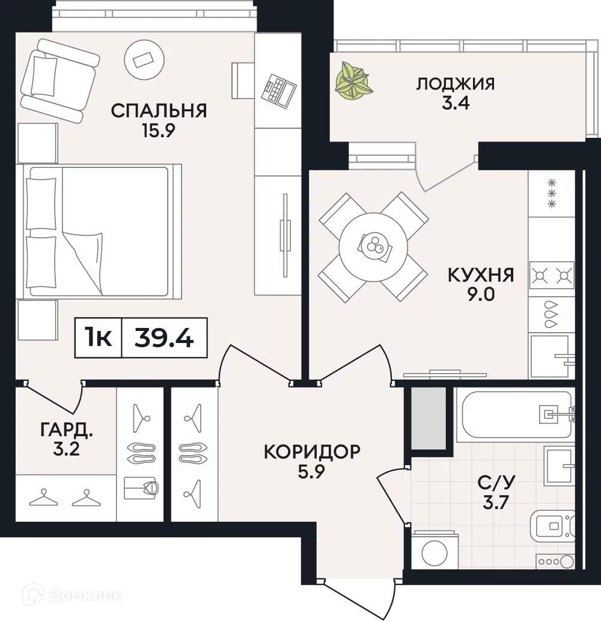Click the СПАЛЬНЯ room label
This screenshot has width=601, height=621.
click(x=159, y=111)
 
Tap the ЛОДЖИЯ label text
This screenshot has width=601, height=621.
click(x=456, y=84)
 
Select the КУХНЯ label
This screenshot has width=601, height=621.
click(x=481, y=275)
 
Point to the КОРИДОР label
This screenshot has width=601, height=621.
click(x=312, y=451)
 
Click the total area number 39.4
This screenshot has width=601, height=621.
click(x=164, y=338)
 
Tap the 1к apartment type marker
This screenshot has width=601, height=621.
click(x=99, y=338)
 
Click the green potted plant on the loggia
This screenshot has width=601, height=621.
click(x=353, y=81)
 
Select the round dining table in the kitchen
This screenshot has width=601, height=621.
click(x=373, y=247)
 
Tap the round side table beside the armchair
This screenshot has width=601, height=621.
click(x=144, y=60)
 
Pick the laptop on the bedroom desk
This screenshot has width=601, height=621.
click(x=278, y=90)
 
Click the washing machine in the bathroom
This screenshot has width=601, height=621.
click(x=435, y=551)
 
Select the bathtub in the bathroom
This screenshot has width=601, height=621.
click(x=514, y=415)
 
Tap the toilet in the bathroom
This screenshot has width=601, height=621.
click(x=552, y=526)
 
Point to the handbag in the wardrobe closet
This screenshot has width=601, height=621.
click(x=141, y=489)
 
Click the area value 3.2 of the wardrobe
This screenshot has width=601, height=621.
click(x=66, y=449)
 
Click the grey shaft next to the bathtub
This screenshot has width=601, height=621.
click(x=429, y=418)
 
